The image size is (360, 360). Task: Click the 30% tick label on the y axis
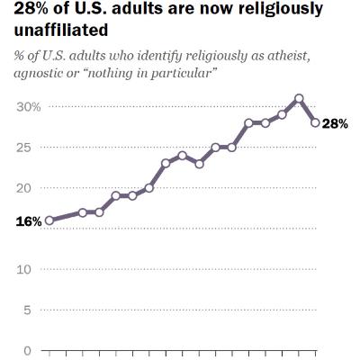29,106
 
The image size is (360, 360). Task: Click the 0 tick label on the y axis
28,350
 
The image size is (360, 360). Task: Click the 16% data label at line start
29,220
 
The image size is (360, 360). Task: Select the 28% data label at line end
335,123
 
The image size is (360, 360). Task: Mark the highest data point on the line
299,98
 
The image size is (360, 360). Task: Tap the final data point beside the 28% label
315,123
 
